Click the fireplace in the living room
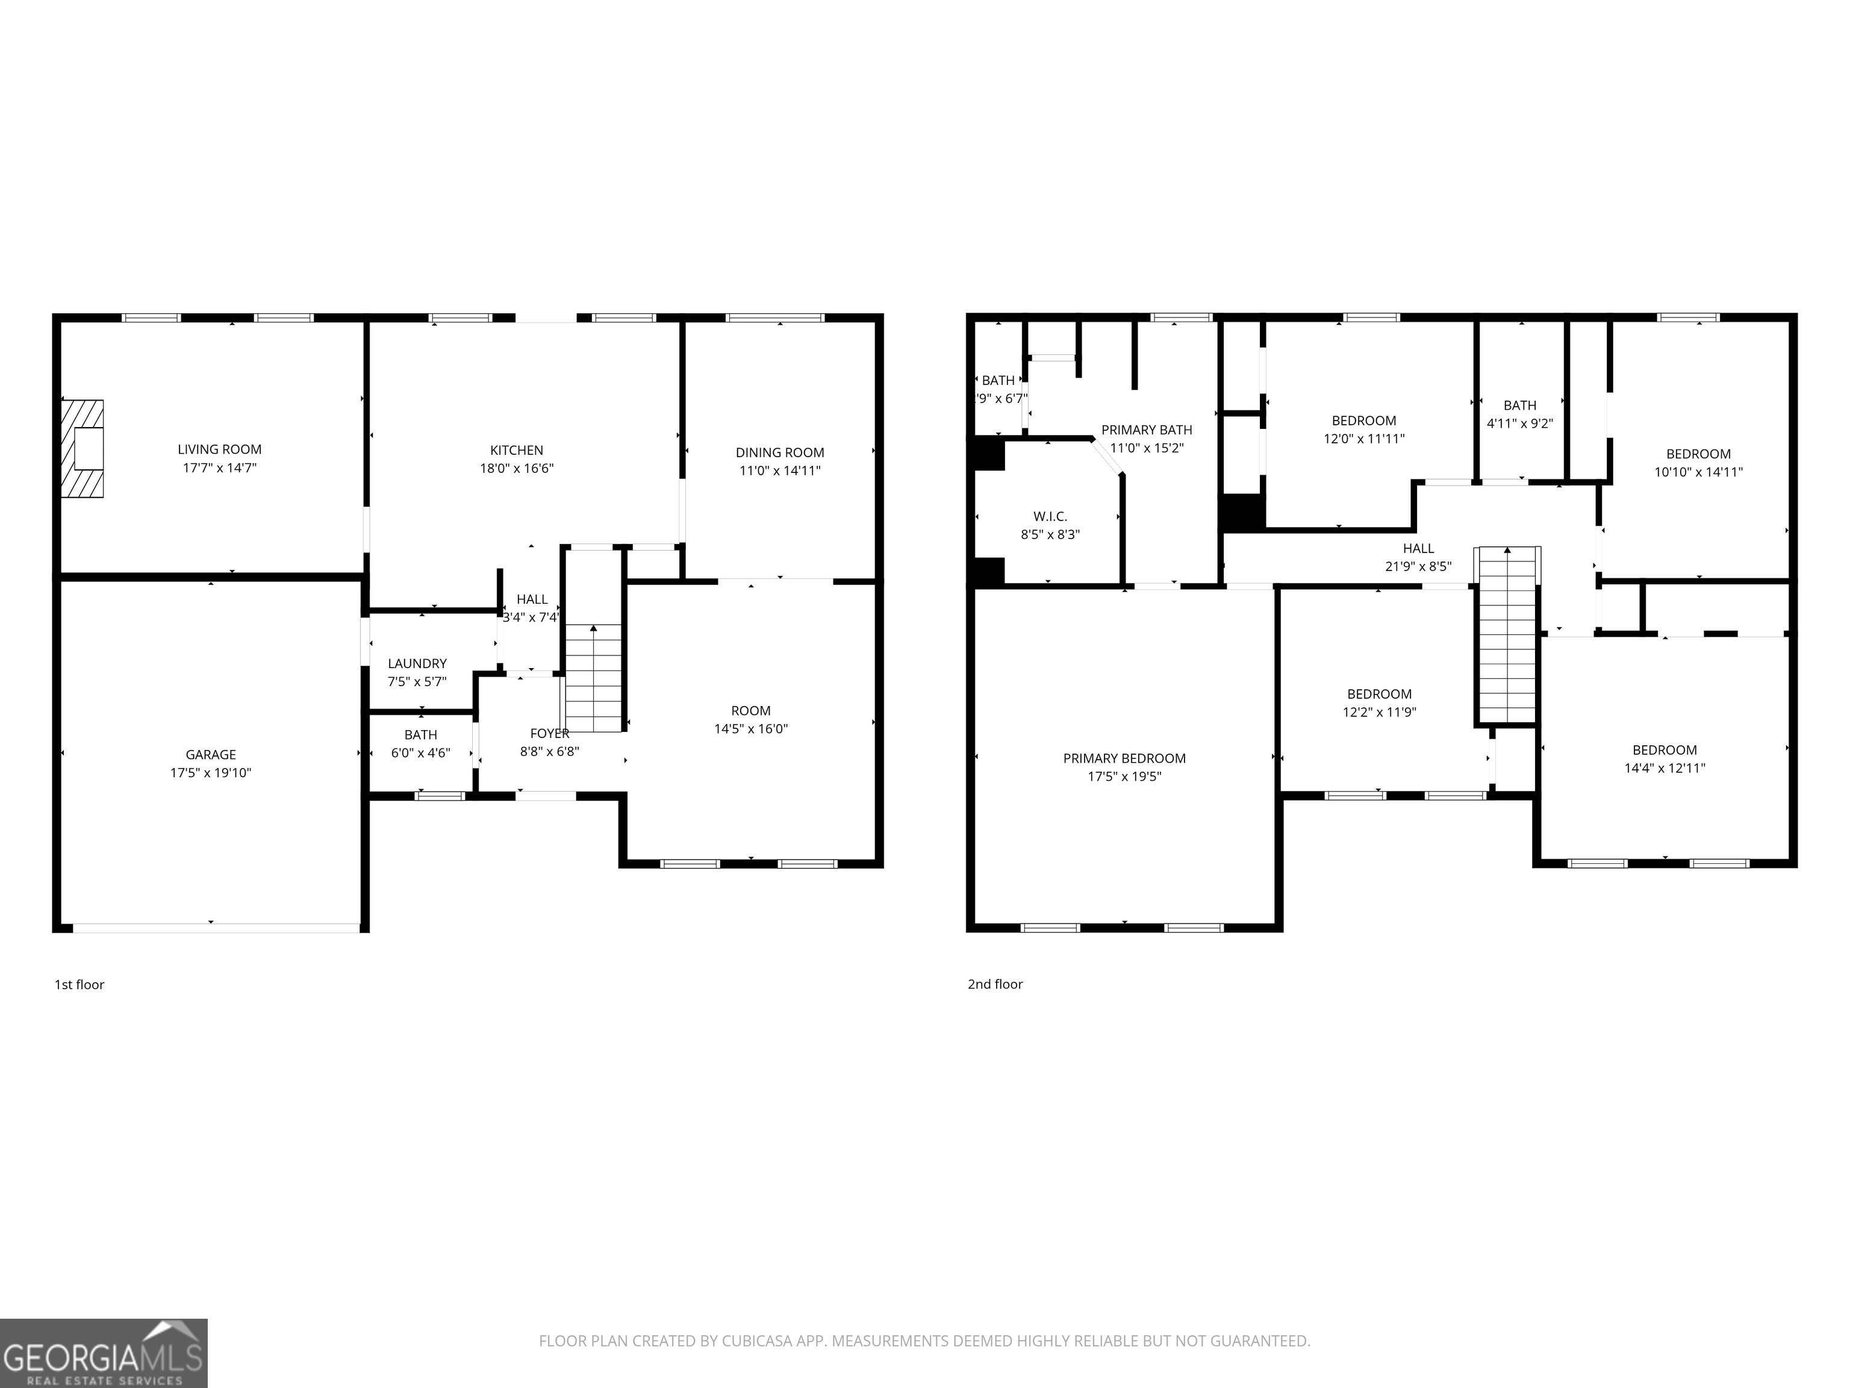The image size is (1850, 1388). tap(83, 448)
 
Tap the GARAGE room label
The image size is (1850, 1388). tap(211, 755)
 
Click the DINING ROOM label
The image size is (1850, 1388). tap(779, 452)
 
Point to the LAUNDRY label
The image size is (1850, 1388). tap(417, 663)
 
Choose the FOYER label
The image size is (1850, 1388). tap(549, 734)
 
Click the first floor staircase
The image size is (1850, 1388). tap(594, 678)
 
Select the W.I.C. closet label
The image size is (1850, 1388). tap(1050, 517)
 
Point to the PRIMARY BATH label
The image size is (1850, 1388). tap(1147, 430)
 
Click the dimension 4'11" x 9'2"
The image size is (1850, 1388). tap(1519, 424)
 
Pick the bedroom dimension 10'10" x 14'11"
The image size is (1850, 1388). tap(1699, 472)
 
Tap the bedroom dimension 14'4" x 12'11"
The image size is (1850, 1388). tap(1665, 768)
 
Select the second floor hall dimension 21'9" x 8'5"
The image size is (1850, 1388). tap(1418, 566)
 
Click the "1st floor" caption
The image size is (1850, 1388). tap(79, 985)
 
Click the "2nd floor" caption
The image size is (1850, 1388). tap(995, 985)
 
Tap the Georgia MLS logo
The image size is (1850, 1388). tap(104, 1353)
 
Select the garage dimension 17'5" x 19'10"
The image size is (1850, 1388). tap(211, 773)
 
